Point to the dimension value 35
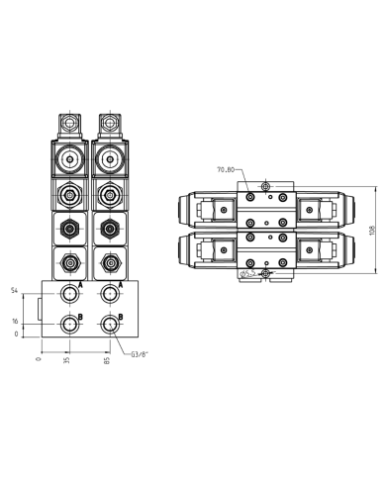coord(67,360)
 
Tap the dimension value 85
coord(109,360)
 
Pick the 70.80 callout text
coord(226,169)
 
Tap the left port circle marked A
coord(67,293)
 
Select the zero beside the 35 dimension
coord(39,360)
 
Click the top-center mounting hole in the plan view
coord(263,187)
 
